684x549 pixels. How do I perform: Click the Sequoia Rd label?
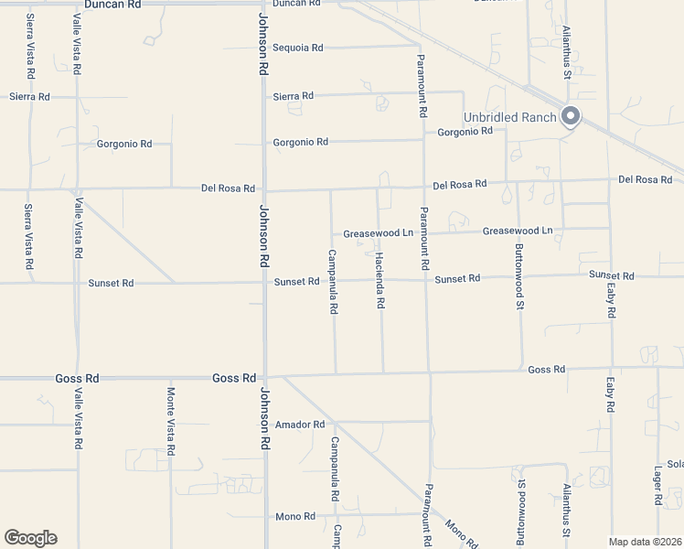tap(298, 48)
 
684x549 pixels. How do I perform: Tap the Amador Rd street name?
tap(300, 425)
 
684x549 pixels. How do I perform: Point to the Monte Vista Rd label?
tap(171, 421)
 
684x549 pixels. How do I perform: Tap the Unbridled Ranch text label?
tap(510, 117)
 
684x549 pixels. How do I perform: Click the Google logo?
tap(30, 538)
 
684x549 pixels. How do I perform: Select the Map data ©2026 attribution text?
tap(646, 542)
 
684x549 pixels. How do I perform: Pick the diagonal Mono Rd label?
tap(461, 533)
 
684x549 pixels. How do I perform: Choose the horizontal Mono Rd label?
tap(295, 517)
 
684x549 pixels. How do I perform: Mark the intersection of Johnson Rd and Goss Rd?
tap(265, 377)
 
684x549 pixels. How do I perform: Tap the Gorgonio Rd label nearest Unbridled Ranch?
tap(465, 132)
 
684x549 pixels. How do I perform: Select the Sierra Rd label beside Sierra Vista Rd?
tap(29, 96)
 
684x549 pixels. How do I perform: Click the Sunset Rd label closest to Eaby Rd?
tap(611, 275)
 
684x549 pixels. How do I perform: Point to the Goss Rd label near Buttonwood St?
tap(546, 370)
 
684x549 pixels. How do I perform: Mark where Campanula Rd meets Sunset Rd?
tap(332, 281)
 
